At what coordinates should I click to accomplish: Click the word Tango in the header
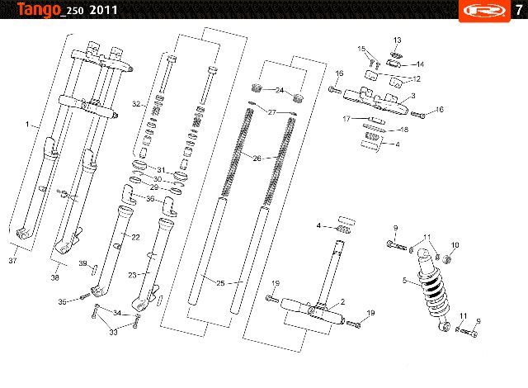coord(39,9)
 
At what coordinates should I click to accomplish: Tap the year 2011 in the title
coord(103,10)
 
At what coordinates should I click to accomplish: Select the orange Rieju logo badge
coord(484,11)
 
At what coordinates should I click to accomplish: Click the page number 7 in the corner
coord(519,10)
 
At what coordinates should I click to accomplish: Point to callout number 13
coord(398,40)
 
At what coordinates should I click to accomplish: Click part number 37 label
coord(13,260)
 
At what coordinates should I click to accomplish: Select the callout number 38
coord(55,277)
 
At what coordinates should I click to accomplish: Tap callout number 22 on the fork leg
coord(135,238)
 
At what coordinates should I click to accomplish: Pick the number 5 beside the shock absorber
coord(405,280)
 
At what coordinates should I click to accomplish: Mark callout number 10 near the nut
coord(455,245)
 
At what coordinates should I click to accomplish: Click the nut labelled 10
coord(446,259)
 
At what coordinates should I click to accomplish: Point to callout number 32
coord(136,104)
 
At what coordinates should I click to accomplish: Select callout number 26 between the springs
coord(257,158)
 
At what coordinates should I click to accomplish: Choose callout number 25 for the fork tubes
coord(220,283)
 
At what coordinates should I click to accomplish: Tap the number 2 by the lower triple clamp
coord(342,302)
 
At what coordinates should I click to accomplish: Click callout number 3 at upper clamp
coord(413,96)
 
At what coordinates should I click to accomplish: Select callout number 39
coord(82,263)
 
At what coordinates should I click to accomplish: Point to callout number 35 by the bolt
coord(63,302)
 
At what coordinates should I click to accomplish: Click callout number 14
coord(420,64)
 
